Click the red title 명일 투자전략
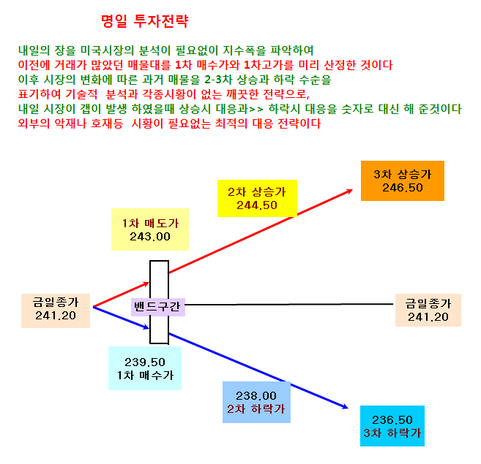click(144, 21)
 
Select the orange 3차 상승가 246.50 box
click(403, 180)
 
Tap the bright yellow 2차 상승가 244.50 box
click(257, 198)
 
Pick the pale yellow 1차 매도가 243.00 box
click(150, 229)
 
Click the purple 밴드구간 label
click(157, 307)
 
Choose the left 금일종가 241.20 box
click(56, 311)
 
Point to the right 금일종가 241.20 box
click(428, 310)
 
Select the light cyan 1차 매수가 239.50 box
click(145, 368)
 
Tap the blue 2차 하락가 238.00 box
click(256, 402)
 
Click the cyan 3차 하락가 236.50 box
click(392, 426)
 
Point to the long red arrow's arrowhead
click(349, 191)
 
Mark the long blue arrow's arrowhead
click(345, 406)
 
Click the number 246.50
click(403, 188)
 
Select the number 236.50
click(392, 419)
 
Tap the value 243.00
click(149, 237)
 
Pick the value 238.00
click(256, 396)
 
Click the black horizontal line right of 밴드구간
click(289, 305)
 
